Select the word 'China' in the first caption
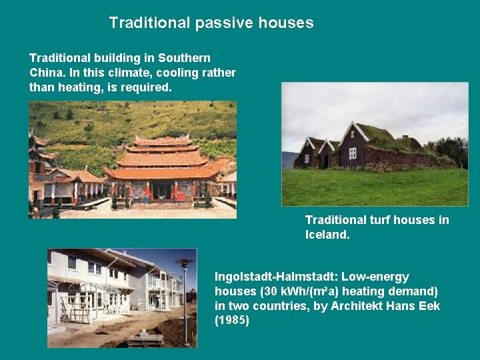[x=46, y=73]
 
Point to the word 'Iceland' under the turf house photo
[x=327, y=235]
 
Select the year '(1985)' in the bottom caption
[x=232, y=321]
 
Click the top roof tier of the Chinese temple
[x=162, y=141]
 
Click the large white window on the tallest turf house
[x=352, y=153]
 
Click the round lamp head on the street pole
[x=185, y=263]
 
